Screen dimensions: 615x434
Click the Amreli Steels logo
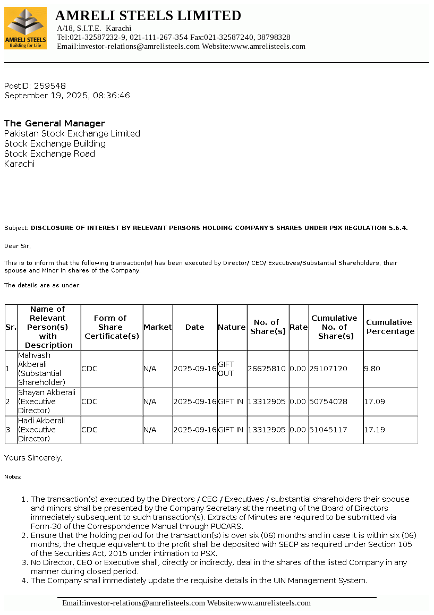pyautogui.click(x=25, y=29)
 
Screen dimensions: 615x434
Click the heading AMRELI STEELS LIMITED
pyautogui.click(x=148, y=15)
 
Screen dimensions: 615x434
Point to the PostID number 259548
pyautogui.click(x=50, y=86)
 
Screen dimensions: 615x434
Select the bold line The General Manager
pyautogui.click(x=55, y=123)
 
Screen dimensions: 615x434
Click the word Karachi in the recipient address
pyautogui.click(x=19, y=164)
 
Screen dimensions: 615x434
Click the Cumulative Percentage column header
pyautogui.click(x=390, y=327)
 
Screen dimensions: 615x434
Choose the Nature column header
pyautogui.click(x=232, y=327)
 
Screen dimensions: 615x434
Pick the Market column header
pyautogui.click(x=158, y=327)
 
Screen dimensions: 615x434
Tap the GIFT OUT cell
pyautogui.click(x=226, y=369)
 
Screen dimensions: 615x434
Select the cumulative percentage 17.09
pyautogui.click(x=375, y=402)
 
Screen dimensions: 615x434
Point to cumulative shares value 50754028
pyautogui.click(x=328, y=402)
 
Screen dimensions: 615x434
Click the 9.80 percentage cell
pyautogui.click(x=372, y=369)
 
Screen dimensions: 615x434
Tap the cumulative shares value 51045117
pyautogui.click(x=328, y=430)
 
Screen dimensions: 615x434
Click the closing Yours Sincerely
pyautogui.click(x=33, y=457)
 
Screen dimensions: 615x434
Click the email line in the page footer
pyautogui.click(x=186, y=603)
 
